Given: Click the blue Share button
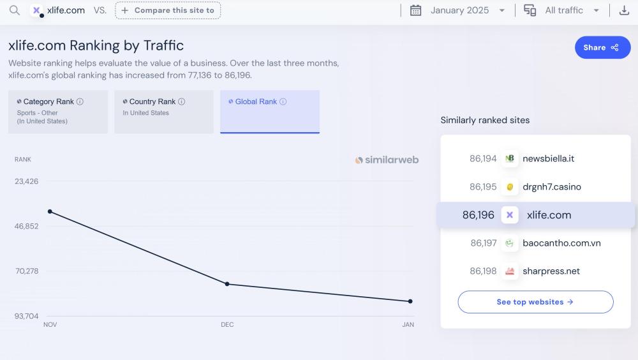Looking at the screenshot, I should pos(602,47).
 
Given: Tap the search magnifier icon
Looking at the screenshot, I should pos(15,10).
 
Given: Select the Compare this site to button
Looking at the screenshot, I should pos(168,10).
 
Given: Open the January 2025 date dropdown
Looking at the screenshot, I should pos(458,10).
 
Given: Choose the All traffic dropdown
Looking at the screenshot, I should pos(562,10).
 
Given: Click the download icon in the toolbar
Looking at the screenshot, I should pos(624,10).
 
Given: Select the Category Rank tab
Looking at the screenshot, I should pos(58,112).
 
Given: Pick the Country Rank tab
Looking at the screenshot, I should pos(164,112).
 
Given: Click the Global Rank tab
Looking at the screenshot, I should pos(270,112).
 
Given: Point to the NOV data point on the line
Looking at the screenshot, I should pos(50,211).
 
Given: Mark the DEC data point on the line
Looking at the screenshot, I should pos(227,284).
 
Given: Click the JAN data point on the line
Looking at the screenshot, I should pos(410,301).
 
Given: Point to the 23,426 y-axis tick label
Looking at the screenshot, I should pos(27,181).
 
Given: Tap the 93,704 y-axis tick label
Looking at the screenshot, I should pos(27,316).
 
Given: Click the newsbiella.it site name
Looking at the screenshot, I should pos(548,158).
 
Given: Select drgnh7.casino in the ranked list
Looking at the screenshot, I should pos(551,187).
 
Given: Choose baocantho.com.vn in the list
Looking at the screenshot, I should pos(561,243).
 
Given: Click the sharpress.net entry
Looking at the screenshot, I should pos(551,271).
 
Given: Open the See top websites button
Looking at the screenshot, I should pos(535,302).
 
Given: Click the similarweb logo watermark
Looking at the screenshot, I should pos(387,160).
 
